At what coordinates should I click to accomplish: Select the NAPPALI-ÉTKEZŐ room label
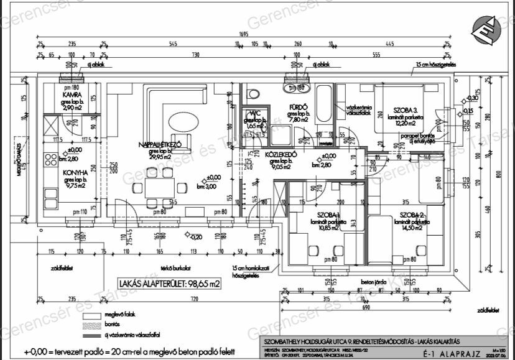pos(160,145)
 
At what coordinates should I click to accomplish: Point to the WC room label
pos(255,113)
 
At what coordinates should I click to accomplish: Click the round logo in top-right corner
pos(487,30)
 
